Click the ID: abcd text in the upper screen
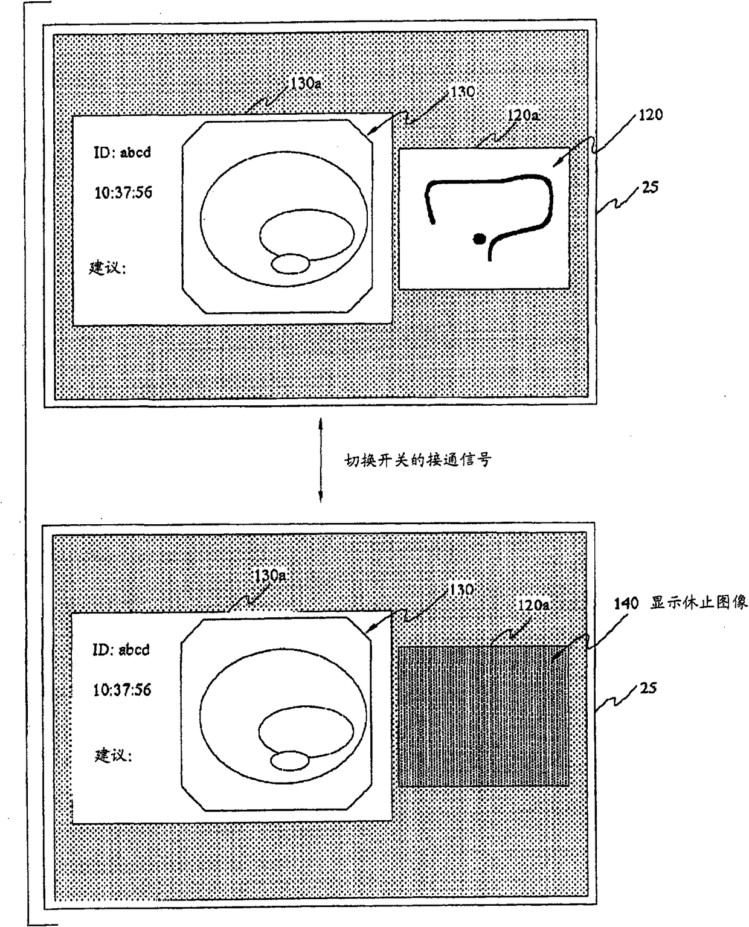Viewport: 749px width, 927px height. tap(121, 152)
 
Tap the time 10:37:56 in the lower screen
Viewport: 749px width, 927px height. tap(121, 690)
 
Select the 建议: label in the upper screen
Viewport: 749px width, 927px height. tap(108, 267)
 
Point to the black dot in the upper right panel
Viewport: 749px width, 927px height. tap(479, 239)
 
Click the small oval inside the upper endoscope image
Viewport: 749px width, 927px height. tap(290, 264)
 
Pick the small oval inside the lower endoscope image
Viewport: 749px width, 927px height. tap(289, 761)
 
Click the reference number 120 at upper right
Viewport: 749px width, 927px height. tap(649, 115)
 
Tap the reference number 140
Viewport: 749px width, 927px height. tap(626, 603)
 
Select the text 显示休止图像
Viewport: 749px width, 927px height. tap(698, 603)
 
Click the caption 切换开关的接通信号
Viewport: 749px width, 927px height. tap(418, 460)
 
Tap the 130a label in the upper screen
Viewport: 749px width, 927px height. tap(305, 83)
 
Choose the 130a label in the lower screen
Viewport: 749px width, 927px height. tap(269, 575)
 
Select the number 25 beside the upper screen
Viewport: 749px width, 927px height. tap(650, 187)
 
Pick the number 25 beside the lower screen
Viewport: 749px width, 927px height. tap(648, 688)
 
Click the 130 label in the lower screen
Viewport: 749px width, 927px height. tap(461, 589)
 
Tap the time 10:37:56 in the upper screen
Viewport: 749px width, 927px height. tap(123, 193)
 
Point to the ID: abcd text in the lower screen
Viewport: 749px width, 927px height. tap(121, 650)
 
